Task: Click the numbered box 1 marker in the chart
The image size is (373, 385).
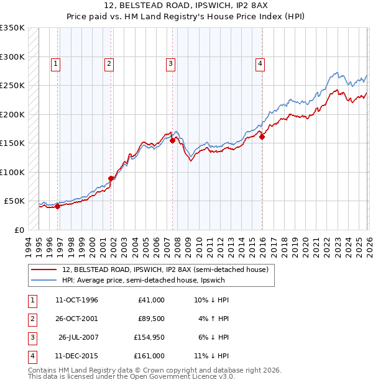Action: [x=56, y=63]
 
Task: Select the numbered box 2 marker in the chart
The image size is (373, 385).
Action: [x=109, y=63]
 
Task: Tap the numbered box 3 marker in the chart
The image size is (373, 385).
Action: [x=170, y=63]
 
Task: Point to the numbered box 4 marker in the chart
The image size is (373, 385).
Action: [x=259, y=63]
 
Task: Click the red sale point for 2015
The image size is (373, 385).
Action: [x=262, y=137]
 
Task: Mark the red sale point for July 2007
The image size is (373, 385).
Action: [x=172, y=141]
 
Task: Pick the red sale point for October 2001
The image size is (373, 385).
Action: [x=111, y=178]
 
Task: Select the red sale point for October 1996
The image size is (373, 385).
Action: [x=58, y=207]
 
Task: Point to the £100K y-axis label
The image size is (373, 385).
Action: [x=12, y=172]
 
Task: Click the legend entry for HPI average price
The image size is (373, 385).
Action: [x=145, y=281]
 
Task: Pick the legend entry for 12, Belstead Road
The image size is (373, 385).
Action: [x=165, y=269]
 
